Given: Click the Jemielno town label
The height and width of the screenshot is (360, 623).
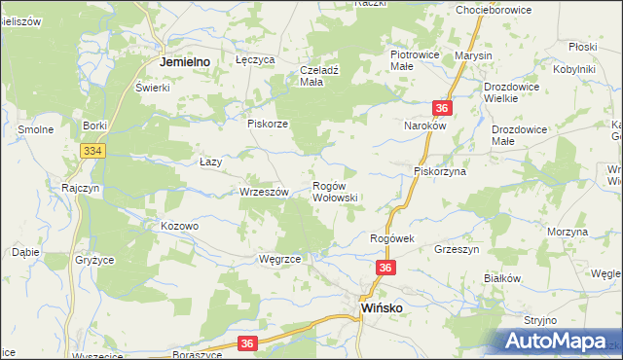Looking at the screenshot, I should pos(186,61).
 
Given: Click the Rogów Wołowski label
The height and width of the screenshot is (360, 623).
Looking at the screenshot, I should pos(335,191).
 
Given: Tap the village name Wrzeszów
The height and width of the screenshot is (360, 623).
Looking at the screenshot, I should pos(264,193).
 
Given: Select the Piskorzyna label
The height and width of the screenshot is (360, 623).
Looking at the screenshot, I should pos(440,171).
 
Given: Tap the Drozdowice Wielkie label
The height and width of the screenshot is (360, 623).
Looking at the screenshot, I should pos(517,91).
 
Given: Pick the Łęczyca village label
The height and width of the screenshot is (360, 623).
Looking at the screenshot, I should pos(256,59).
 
